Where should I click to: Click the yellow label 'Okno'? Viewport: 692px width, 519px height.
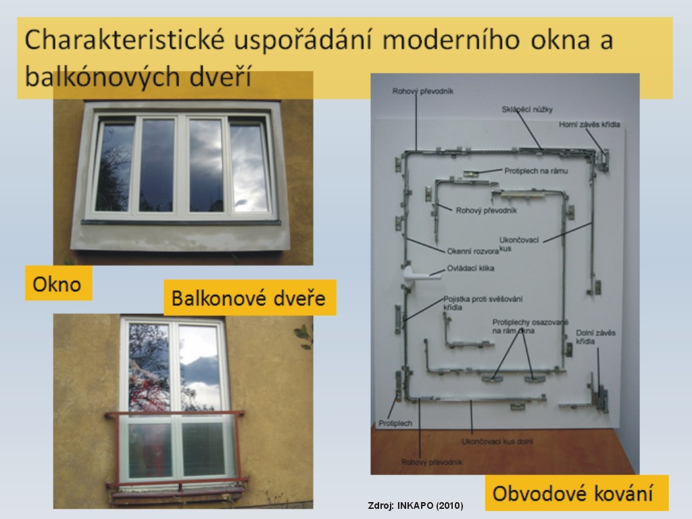point(58,283)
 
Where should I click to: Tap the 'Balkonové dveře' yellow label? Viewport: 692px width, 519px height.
point(250,298)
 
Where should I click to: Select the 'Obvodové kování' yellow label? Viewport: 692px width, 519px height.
point(576,493)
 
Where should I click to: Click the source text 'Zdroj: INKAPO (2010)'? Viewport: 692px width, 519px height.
point(416,505)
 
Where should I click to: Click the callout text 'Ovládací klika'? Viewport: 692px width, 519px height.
point(470,268)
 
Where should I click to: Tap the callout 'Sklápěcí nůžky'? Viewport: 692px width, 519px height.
point(527,109)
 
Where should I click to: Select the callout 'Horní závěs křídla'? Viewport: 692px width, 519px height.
point(589,124)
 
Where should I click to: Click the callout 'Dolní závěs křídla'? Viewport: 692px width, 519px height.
point(595,337)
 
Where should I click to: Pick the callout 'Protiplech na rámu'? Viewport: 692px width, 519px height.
point(536,171)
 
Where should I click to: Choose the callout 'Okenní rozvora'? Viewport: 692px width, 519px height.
point(472,251)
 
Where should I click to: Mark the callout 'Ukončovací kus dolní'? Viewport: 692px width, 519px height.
point(497,441)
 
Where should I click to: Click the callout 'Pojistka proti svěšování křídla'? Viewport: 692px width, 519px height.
point(483,303)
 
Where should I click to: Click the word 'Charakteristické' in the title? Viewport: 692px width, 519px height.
point(125,39)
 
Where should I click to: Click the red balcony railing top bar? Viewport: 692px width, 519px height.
point(174,414)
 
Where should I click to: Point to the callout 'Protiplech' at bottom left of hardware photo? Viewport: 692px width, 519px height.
point(395,423)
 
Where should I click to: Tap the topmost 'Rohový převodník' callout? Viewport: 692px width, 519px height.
point(423,91)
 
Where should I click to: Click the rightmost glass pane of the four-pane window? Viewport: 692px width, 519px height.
point(249,168)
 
